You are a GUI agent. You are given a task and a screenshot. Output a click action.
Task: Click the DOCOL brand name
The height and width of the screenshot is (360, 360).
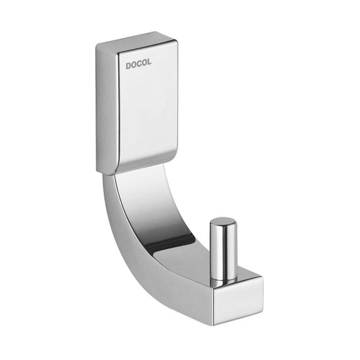coord(138,64)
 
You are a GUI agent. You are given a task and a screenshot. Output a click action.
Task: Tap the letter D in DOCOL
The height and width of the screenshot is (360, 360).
coord(128,66)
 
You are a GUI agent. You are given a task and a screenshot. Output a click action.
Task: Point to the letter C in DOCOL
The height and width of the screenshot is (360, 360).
coord(139,64)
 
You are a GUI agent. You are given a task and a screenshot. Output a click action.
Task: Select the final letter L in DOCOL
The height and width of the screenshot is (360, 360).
coord(149,63)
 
